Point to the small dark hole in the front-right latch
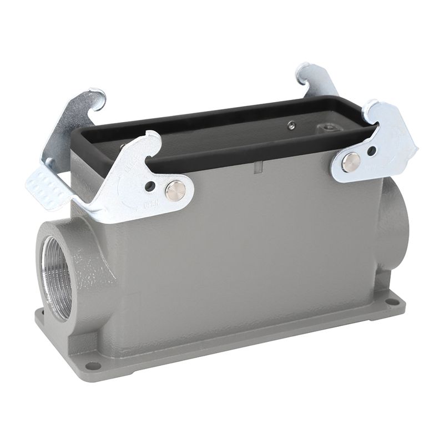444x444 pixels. [x=371, y=150]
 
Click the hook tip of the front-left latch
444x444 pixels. [x=154, y=139]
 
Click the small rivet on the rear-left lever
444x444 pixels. [x=51, y=162]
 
